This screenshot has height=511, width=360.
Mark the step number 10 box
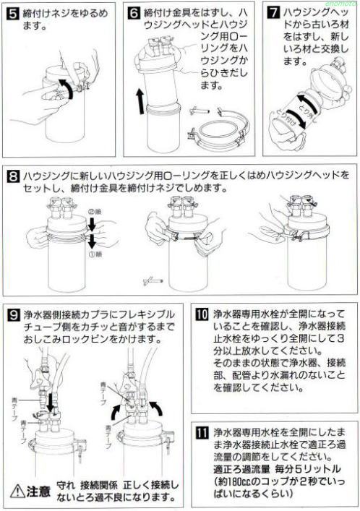(x=203, y=316)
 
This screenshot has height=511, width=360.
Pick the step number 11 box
(x=203, y=434)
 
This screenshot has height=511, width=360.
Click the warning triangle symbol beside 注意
(x=16, y=491)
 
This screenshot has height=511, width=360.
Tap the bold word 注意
(x=39, y=492)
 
